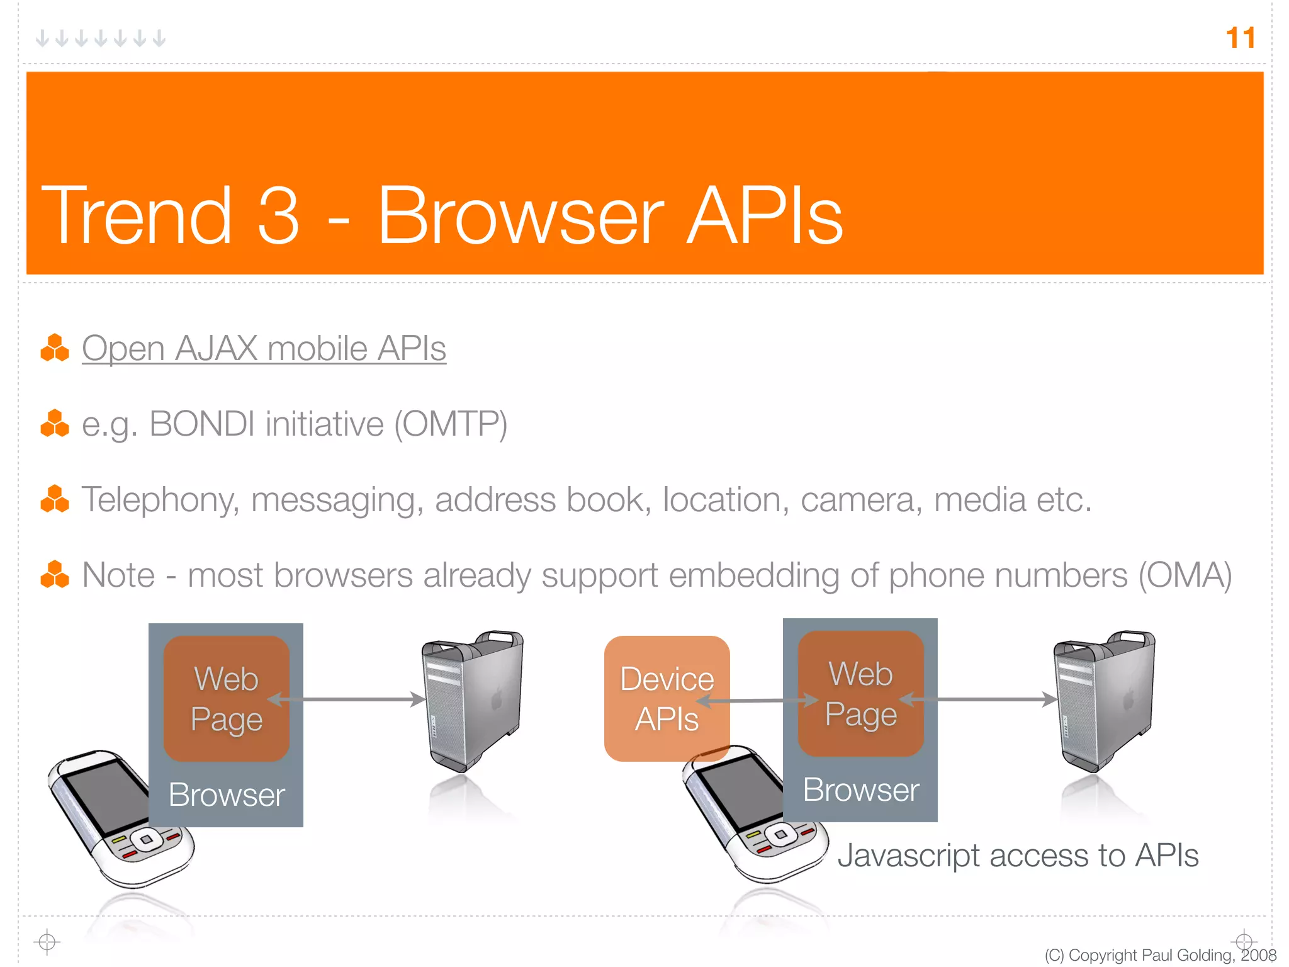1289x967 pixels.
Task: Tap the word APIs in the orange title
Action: [764, 215]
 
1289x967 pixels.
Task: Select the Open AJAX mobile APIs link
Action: [264, 348]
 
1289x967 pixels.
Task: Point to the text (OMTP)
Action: [451, 424]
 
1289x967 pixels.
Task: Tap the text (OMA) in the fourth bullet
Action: [1185, 575]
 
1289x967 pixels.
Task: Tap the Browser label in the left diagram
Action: [227, 795]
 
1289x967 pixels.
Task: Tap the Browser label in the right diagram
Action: [860, 789]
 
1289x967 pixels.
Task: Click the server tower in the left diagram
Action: [473, 699]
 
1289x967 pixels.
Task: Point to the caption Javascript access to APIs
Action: [1018, 856]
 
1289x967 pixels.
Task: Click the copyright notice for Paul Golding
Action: [1159, 955]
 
